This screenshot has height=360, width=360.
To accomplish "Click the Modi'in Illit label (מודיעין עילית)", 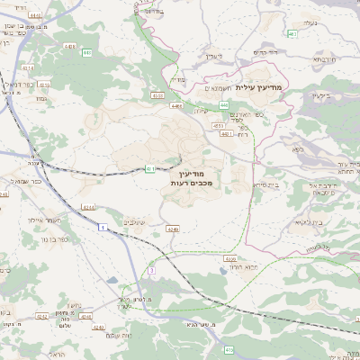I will pyautogui.click(x=261, y=87).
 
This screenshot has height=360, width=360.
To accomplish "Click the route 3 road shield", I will pyautogui.click(x=153, y=270).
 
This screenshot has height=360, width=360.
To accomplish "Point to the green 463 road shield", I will pyautogui.click(x=292, y=34).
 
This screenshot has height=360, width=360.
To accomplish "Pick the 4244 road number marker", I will pyautogui.click(x=87, y=208).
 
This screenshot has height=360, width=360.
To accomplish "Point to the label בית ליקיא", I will pyautogui.click(x=308, y=221).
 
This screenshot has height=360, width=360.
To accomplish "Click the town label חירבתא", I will pyautogui.click(x=324, y=57).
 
